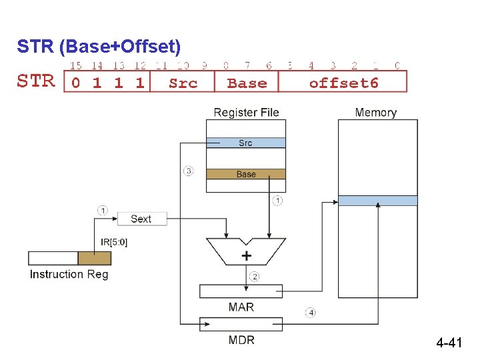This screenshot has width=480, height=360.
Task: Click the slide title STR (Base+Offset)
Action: tap(99, 47)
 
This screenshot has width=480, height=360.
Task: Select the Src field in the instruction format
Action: tap(183, 83)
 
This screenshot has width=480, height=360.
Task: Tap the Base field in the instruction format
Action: tap(247, 83)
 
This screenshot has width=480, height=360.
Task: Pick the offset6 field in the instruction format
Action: tap(343, 83)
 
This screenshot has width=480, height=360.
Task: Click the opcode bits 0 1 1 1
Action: tap(107, 83)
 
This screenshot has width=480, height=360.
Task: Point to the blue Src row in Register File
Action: tap(246, 143)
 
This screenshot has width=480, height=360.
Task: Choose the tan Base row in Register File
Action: tap(246, 174)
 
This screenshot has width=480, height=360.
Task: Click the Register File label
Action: tap(246, 113)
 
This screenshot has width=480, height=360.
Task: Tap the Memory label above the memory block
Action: tap(375, 113)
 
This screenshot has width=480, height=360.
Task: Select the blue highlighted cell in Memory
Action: tap(378, 201)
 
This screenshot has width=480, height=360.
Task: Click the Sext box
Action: tap(141, 219)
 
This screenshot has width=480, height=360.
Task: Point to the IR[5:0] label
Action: tap(114, 242)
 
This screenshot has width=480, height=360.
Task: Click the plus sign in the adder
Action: tap(247, 255)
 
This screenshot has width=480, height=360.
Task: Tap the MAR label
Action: tap(241, 307)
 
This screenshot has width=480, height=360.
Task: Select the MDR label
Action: tap(241, 340)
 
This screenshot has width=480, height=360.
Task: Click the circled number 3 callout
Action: tap(189, 171)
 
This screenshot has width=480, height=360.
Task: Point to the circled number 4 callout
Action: tap(311, 312)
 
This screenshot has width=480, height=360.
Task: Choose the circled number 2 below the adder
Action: tap(254, 276)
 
